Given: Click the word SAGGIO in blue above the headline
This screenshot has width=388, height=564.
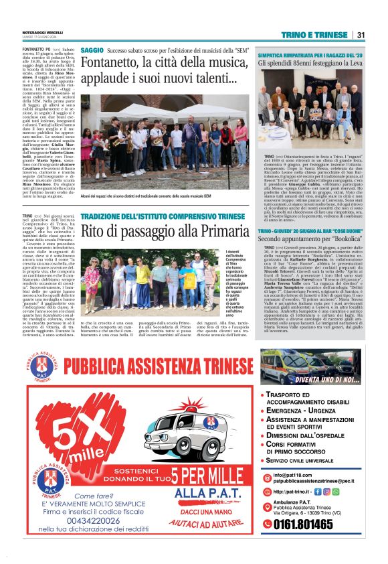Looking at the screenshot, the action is (92, 50).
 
